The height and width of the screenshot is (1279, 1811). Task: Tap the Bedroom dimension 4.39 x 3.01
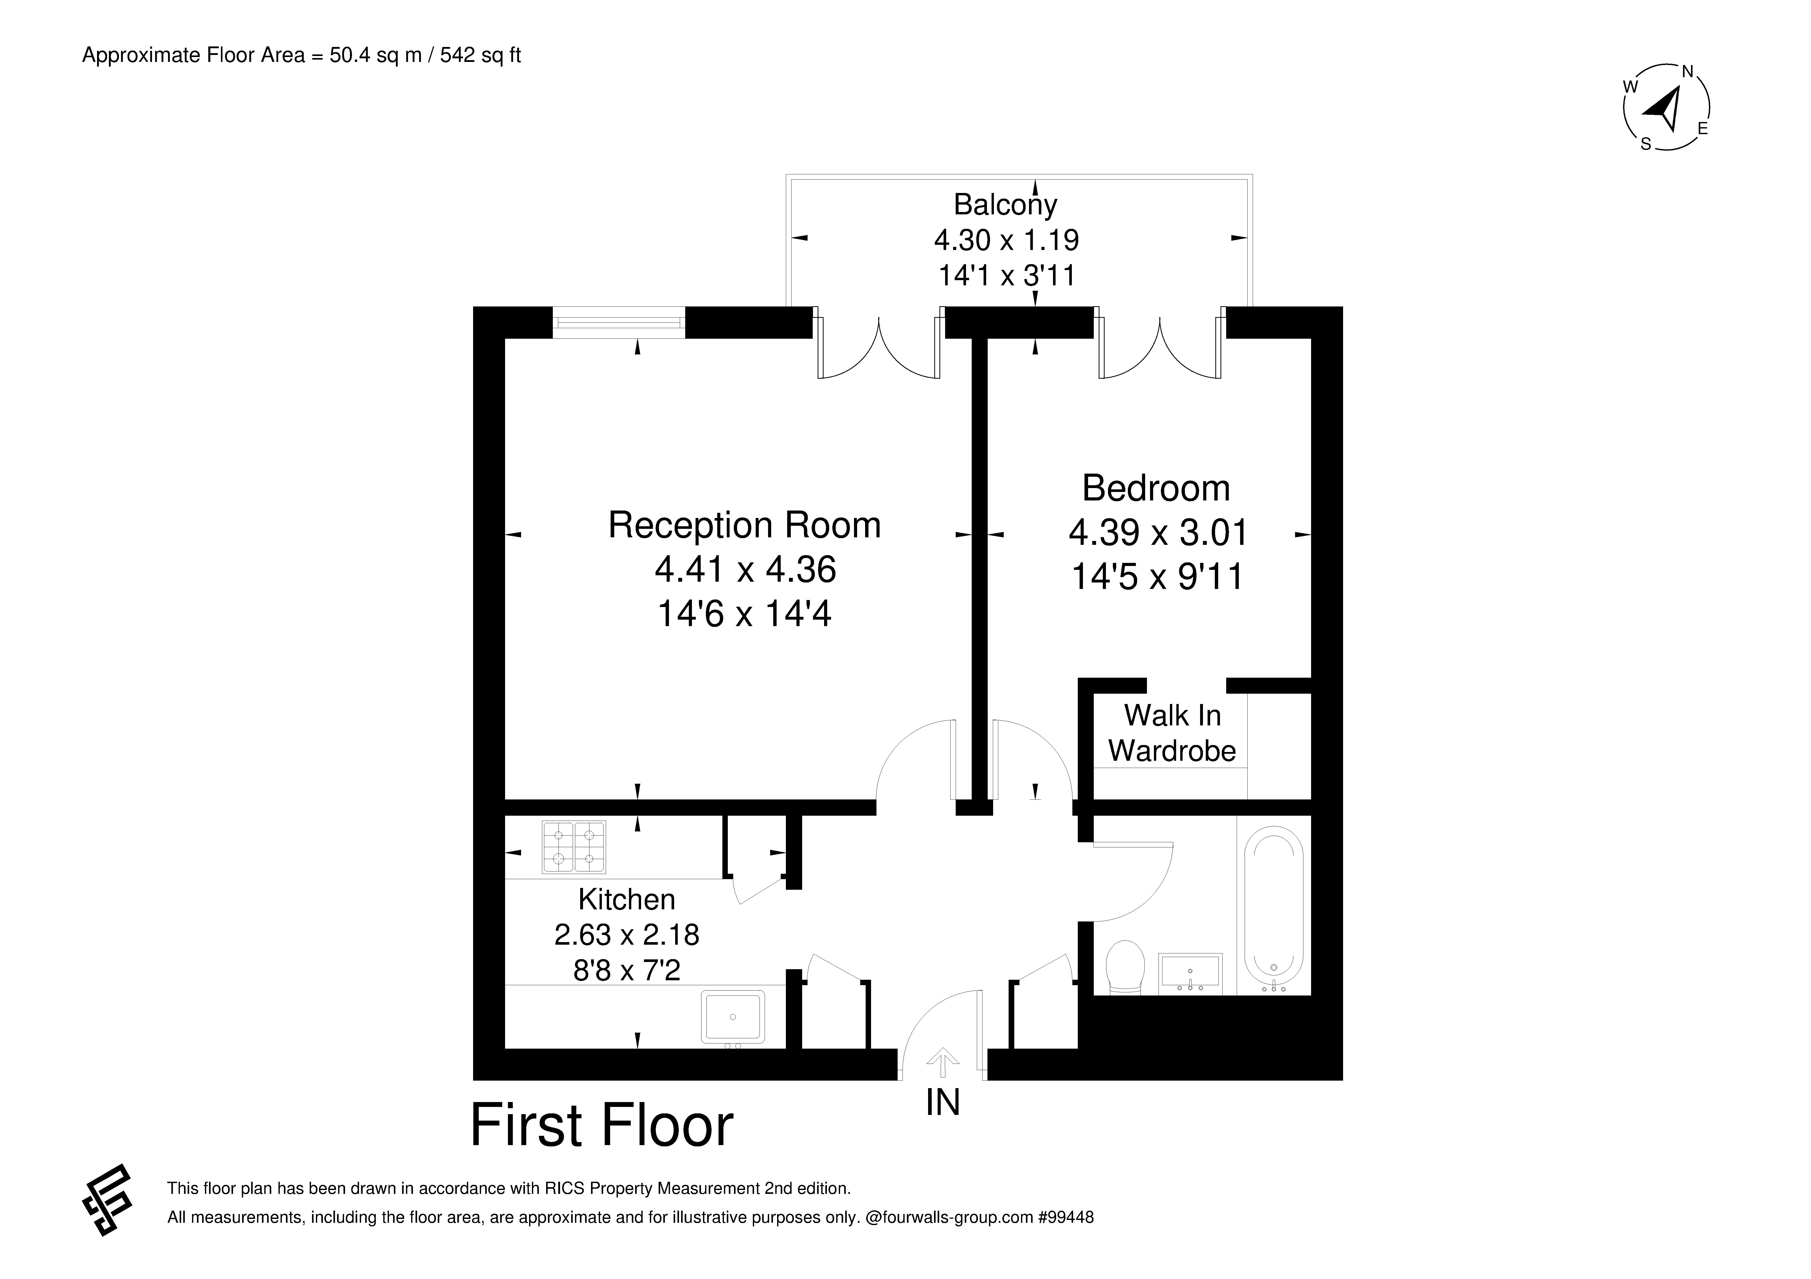tap(1158, 533)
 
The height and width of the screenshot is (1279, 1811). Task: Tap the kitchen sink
tap(733, 1017)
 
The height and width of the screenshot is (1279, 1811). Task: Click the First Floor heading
tap(602, 1126)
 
